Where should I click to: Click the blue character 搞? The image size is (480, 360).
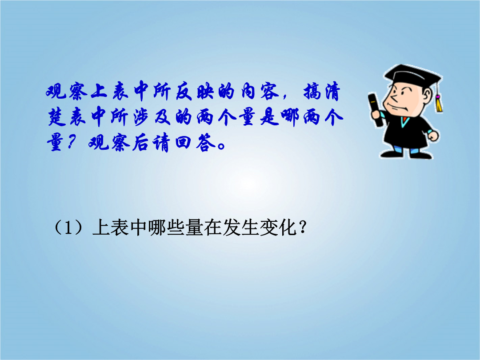313,91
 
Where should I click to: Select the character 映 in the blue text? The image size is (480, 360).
205,91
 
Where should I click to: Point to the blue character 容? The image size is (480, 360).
270,91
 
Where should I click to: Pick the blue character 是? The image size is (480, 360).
269,117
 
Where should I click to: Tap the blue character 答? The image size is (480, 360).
206,143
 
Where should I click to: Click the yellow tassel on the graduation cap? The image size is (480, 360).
439,103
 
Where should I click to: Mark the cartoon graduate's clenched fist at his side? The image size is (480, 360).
433,135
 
